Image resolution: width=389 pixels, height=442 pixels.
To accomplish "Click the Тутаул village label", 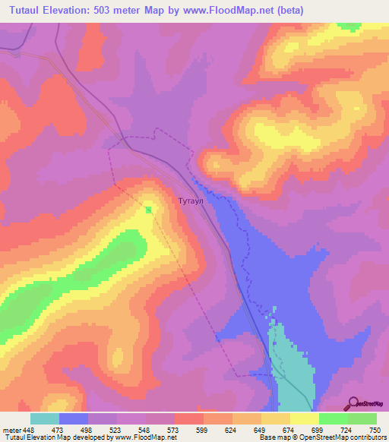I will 190,202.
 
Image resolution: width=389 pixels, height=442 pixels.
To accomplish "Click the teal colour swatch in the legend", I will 44,418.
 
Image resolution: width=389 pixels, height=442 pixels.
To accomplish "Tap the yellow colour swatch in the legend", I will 304,418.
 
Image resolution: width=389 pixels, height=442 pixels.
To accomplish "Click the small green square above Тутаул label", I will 148,210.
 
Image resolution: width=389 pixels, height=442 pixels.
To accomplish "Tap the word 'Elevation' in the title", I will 73,10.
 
